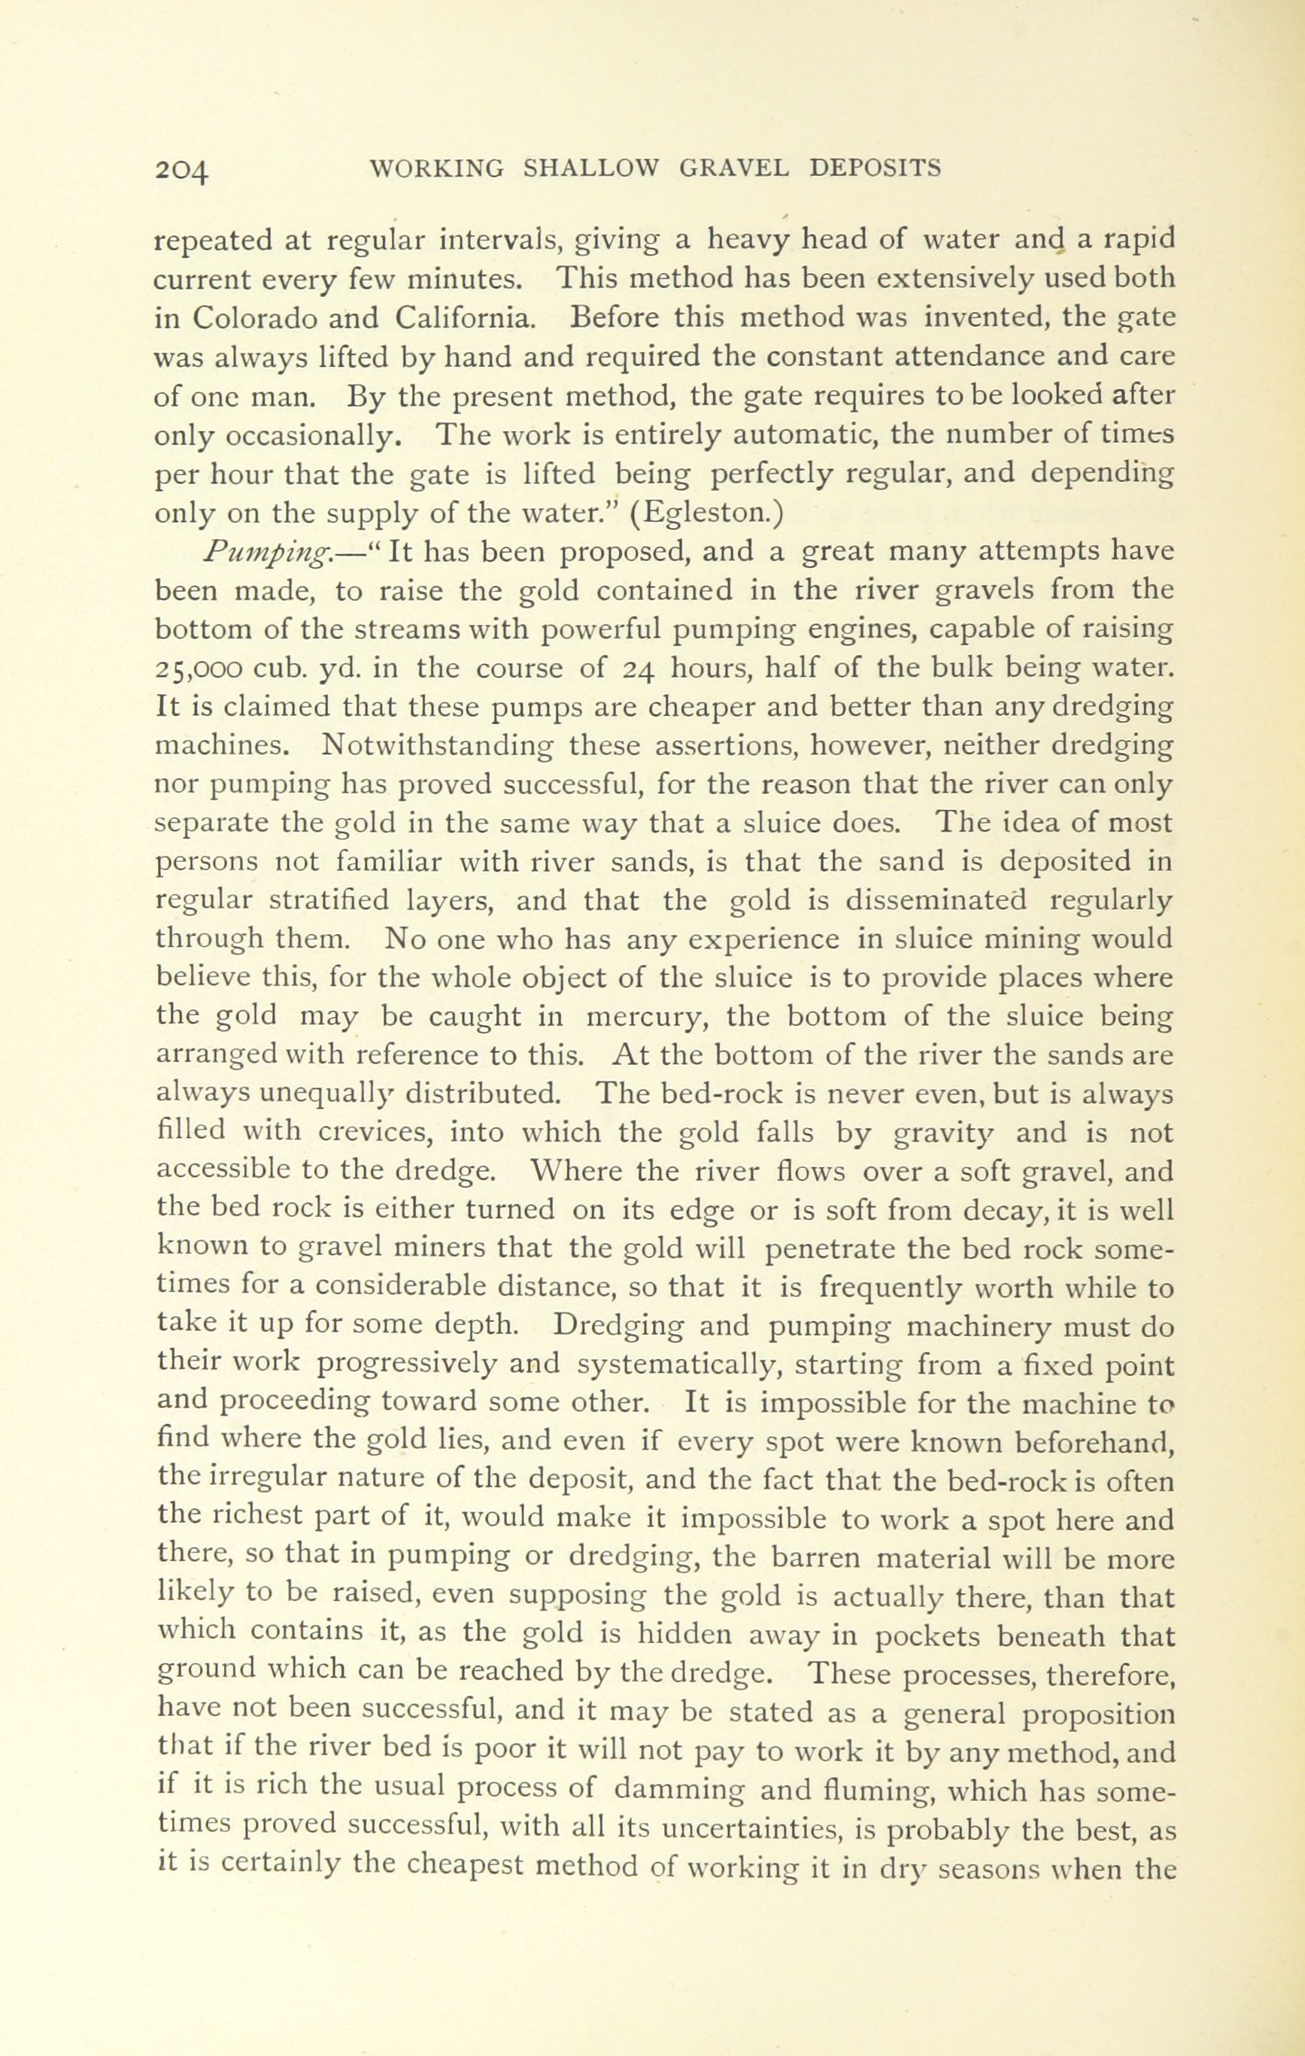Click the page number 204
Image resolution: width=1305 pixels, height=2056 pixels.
(x=182, y=169)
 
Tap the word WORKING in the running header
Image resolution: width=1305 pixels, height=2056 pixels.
(x=436, y=168)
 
